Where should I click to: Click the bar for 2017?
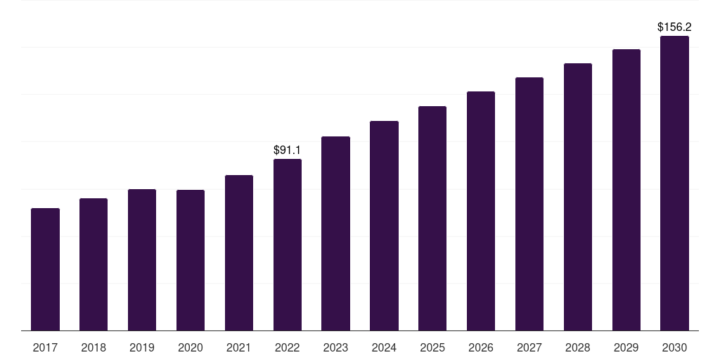pos(45,269)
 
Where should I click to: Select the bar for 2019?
pos(142,260)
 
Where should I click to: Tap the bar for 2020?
pos(191,260)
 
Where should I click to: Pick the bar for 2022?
pos(288,245)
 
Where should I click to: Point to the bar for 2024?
pos(385,226)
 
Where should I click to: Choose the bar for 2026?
pos(481,211)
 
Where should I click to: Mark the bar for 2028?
pos(578,197)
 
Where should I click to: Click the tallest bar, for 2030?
pos(674,184)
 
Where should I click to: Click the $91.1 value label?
pos(287,150)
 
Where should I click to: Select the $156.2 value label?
pos(674,27)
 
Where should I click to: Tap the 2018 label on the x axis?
pos(94,347)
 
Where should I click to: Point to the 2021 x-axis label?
pos(239,347)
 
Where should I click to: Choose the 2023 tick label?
pos(335,347)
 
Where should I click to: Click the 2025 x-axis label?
pos(432,347)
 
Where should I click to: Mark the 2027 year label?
pos(529,347)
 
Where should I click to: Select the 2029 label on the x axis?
pos(626,347)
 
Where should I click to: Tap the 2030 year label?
pos(674,347)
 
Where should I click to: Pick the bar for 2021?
pos(239,253)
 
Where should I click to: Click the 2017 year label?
pos(45,347)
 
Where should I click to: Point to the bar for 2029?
pos(626,190)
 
